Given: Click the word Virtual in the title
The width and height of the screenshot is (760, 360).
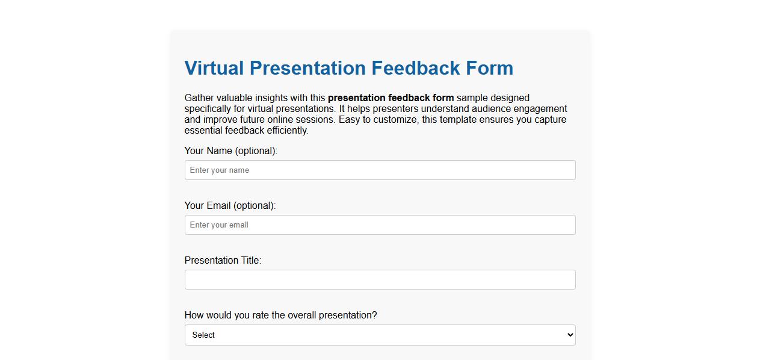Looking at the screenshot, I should (x=214, y=68).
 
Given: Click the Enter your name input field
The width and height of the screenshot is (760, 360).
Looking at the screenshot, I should (x=380, y=170).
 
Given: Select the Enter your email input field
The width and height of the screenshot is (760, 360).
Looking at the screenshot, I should (x=380, y=225).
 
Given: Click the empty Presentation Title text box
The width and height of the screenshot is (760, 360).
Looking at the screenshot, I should (x=380, y=280).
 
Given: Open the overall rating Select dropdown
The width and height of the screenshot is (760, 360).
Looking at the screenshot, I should (x=380, y=335).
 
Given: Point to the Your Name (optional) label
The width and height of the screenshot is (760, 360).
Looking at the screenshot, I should (x=230, y=151).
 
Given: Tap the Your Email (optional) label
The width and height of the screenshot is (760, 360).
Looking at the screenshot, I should (x=230, y=206).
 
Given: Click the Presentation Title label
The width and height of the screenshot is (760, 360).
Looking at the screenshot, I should (x=223, y=261).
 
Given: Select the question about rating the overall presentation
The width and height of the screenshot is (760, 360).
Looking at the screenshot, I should (x=280, y=315).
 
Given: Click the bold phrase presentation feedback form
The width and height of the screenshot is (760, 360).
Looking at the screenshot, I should (x=391, y=98).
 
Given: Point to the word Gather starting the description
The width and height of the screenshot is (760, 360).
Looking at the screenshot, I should (x=199, y=98).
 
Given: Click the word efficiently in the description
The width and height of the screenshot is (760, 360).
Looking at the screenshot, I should (x=287, y=131).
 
